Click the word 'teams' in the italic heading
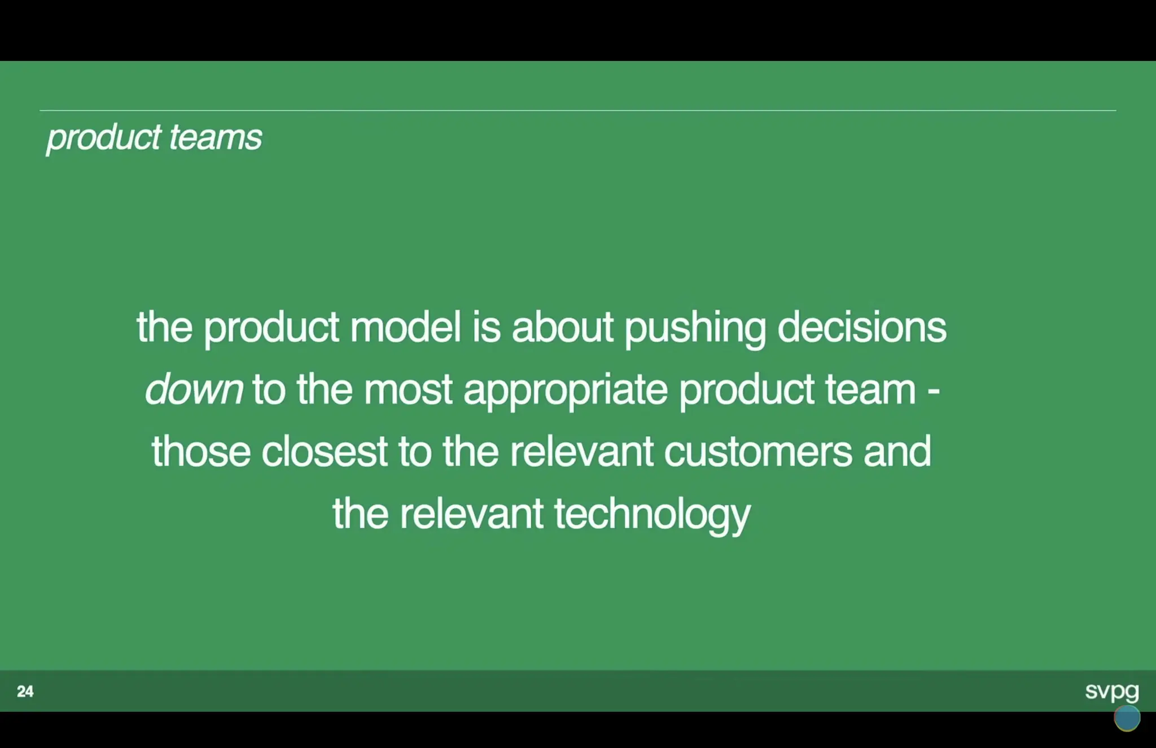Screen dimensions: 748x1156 click(216, 137)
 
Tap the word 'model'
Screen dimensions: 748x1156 click(406, 327)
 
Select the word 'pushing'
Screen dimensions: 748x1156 click(695, 328)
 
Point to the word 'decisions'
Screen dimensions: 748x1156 click(862, 327)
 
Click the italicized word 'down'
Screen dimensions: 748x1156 click(194, 389)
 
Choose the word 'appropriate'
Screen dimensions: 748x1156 click(566, 390)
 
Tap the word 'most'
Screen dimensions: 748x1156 click(408, 390)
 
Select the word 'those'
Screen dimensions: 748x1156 click(201, 451)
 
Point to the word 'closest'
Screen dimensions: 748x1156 click(325, 451)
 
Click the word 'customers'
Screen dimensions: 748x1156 click(758, 452)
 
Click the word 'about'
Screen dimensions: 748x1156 click(562, 327)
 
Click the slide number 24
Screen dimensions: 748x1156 click(25, 692)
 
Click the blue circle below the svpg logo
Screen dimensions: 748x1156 click(1127, 718)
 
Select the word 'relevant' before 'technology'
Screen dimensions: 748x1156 click(471, 514)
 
